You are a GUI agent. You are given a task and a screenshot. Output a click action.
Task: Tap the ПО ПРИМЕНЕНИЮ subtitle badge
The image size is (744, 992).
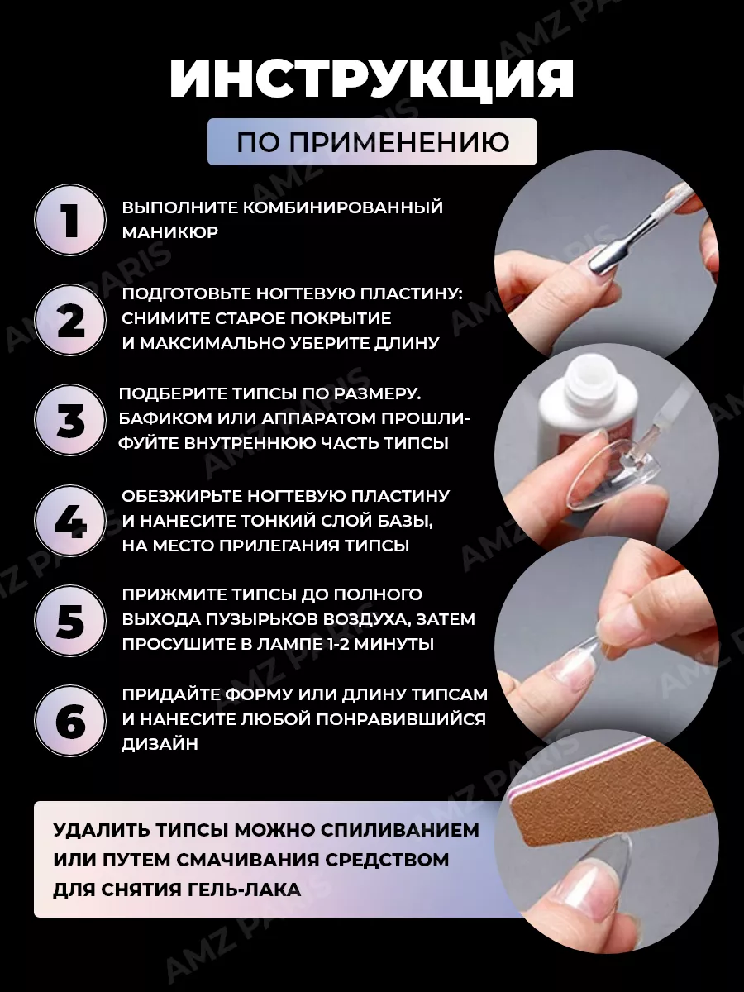pyautogui.click(x=372, y=142)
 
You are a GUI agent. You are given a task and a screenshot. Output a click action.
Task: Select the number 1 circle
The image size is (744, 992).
pyautogui.click(x=70, y=220)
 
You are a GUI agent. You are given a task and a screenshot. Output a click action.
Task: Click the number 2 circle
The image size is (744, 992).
pyautogui.click(x=70, y=320)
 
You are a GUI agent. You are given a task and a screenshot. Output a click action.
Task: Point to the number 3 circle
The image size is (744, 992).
pyautogui.click(x=70, y=420)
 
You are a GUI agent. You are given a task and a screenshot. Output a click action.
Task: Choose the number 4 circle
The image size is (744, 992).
pyautogui.click(x=70, y=520)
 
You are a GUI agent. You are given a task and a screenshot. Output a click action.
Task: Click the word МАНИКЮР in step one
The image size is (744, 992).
pyautogui.click(x=170, y=232)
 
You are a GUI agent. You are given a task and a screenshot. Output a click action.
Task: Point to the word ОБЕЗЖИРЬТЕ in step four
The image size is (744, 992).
pyautogui.click(x=182, y=496)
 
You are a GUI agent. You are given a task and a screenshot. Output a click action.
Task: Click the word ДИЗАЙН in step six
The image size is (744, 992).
pyautogui.click(x=160, y=744)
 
